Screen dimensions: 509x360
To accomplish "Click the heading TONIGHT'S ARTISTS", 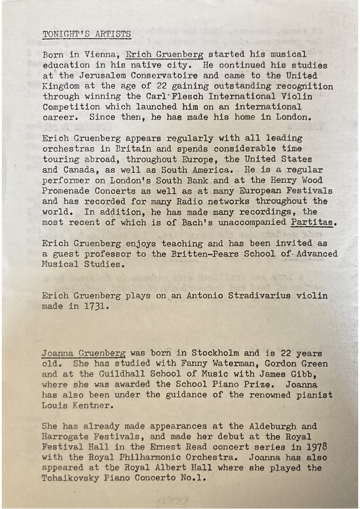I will tap(87, 34).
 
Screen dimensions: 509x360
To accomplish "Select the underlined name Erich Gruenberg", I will tap(164, 55).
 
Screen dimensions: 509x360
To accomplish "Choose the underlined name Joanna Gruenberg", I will tap(83, 353).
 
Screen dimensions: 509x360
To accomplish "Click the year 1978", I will tap(316, 447).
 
